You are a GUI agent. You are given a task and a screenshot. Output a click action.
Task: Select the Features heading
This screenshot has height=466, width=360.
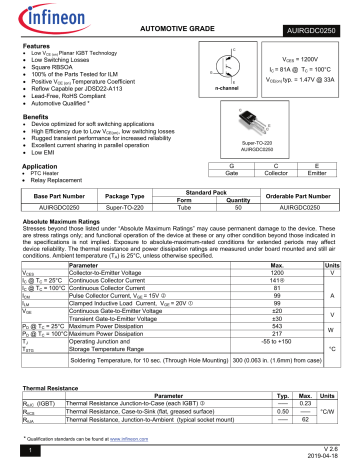tap(37, 46)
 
